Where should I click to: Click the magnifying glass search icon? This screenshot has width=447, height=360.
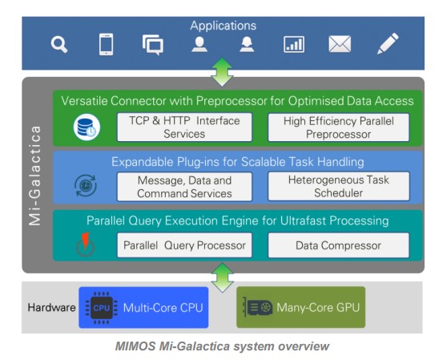coord(59,45)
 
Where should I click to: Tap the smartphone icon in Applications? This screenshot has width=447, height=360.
coord(106,44)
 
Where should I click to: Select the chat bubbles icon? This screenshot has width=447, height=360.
coord(153,45)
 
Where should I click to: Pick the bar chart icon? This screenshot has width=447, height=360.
coord(294,45)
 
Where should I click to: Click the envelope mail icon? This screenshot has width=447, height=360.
coord(340,44)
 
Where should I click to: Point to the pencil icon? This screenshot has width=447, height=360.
coord(388,43)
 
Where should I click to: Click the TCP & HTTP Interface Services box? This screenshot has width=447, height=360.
coord(184,127)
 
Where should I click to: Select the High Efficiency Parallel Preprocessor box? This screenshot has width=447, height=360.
coord(339,127)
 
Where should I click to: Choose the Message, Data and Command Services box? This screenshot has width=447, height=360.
coord(184,187)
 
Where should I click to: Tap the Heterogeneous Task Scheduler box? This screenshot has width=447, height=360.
coord(339,186)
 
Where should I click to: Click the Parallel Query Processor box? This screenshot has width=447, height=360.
coord(184,245)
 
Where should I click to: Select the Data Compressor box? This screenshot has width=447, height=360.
coord(339,245)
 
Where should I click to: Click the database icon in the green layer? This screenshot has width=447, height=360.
coord(87,127)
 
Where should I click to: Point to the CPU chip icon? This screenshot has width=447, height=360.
coord(102,308)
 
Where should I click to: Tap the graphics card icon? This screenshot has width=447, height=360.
coord(257,308)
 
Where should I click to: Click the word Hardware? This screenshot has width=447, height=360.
coord(51,308)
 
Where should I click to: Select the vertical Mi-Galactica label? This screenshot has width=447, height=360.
coord(35,176)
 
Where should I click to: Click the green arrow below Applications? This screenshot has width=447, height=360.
coord(222,72)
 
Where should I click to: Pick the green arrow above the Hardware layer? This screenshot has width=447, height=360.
coord(223,277)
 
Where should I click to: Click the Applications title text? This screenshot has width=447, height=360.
coord(223,26)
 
